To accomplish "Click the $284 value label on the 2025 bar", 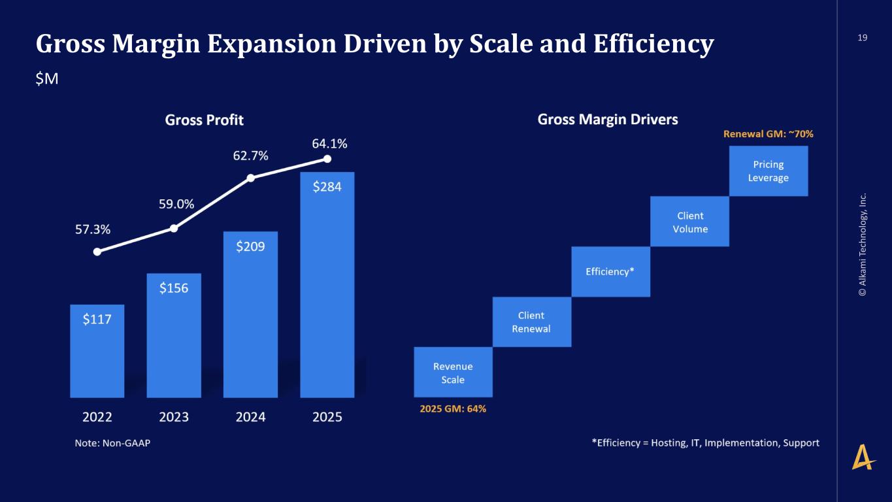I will coord(327,187).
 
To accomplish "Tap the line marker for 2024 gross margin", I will coord(250,178).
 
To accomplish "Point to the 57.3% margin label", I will coord(91,229).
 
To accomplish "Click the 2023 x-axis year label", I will coord(174,416).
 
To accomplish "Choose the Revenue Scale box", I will coord(453,373).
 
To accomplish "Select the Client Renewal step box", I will coord(531,322).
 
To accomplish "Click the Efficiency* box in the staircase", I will coord(610,271).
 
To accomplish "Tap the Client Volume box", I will coord(689,222).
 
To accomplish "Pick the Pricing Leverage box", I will coord(768,171).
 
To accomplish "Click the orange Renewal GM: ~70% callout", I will coord(768,133).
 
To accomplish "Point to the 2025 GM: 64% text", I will coord(452,409).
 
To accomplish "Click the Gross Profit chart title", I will coord(204,120).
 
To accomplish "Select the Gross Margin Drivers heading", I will coord(607,120).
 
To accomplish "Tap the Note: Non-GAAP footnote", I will coord(112,443).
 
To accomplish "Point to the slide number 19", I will coord(862,38).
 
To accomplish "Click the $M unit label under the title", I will coord(47,79).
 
